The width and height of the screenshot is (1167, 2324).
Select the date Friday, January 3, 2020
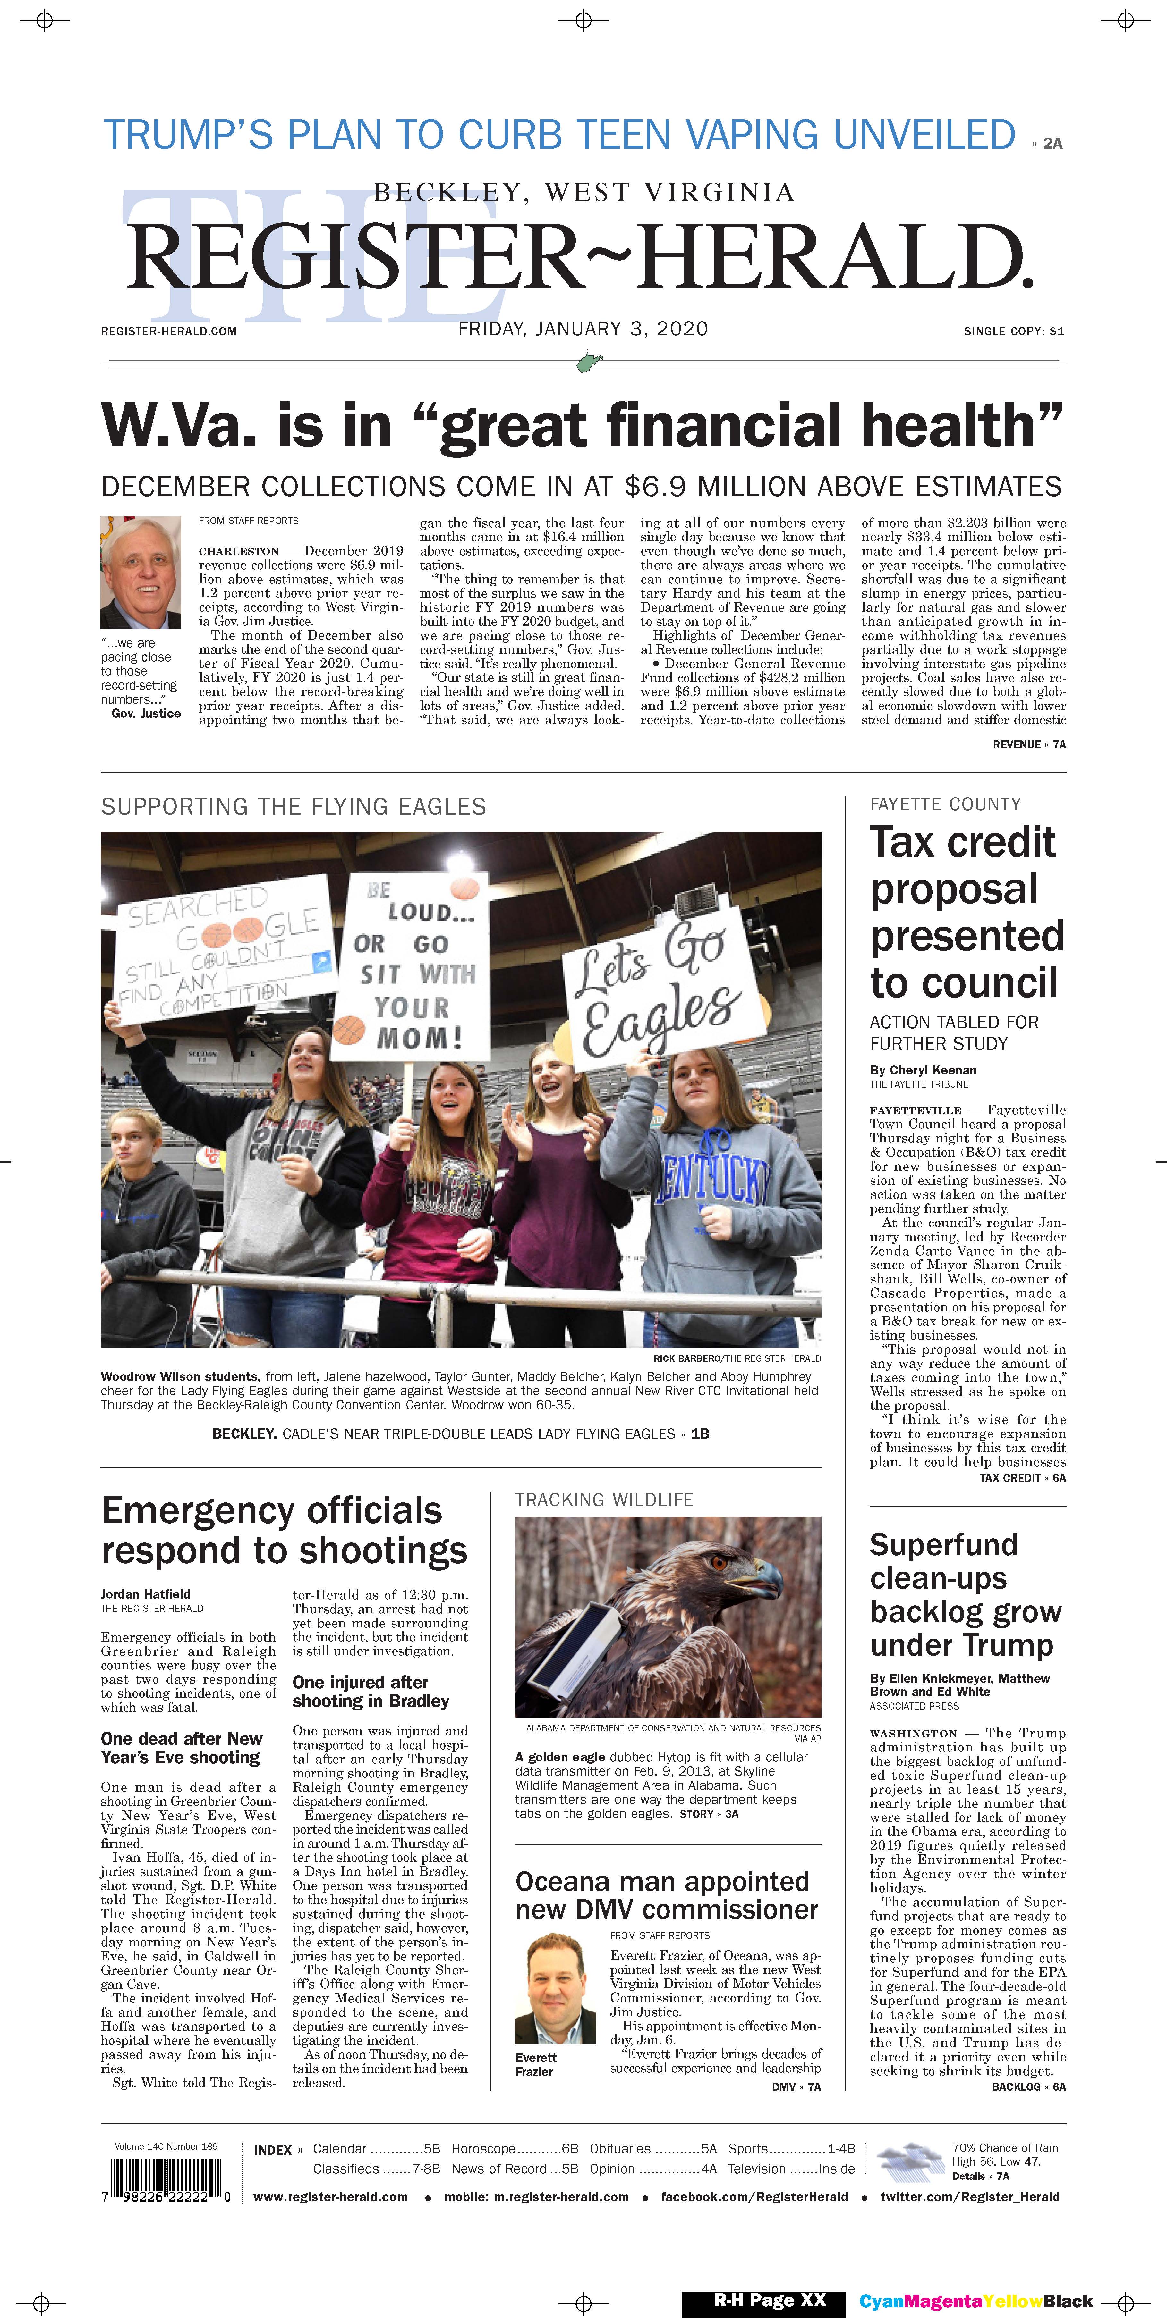[583, 329]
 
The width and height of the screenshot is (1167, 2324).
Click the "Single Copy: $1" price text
[1014, 331]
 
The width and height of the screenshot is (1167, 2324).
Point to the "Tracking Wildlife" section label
[604, 1500]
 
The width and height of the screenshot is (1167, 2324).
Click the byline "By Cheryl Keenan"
[923, 1070]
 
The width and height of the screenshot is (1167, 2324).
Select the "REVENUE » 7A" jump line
[1029, 744]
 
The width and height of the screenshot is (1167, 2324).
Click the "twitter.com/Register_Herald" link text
[969, 2197]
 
